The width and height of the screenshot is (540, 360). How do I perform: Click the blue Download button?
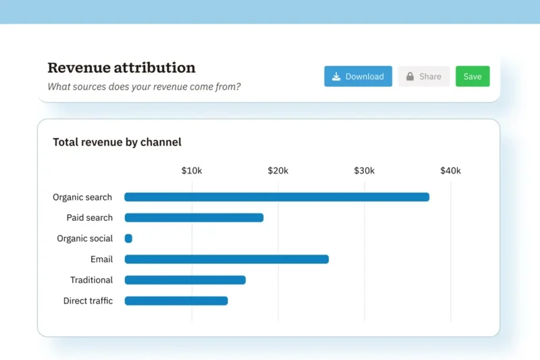coord(358,76)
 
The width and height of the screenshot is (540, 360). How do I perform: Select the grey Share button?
coord(424,76)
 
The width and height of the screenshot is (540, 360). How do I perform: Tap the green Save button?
coord(473,76)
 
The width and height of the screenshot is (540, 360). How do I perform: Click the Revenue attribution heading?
coord(122,68)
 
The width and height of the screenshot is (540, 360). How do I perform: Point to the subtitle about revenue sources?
coord(144,86)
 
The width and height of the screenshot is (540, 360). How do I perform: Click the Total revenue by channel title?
coord(117,143)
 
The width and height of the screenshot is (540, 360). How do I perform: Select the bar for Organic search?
coord(277,197)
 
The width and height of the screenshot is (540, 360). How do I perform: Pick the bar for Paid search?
coord(194,217)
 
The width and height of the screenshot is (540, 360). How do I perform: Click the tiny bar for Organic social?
coord(128,238)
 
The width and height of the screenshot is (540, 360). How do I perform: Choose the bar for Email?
coord(226,259)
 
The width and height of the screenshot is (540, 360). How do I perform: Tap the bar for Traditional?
coord(185,280)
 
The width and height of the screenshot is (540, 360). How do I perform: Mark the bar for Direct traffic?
coord(176,301)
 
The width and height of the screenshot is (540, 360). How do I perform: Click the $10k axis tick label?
coord(192,171)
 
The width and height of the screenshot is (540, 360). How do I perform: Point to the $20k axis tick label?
coord(278,171)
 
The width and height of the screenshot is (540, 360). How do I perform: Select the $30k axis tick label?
coord(364,171)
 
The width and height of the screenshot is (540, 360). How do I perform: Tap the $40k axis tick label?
coord(450,171)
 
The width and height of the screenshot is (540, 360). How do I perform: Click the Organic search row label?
coord(82,197)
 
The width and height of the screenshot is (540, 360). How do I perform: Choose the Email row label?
coord(101,259)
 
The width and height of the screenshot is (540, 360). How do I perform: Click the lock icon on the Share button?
coord(410,76)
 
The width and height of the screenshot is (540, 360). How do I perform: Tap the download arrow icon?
coord(337,76)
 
